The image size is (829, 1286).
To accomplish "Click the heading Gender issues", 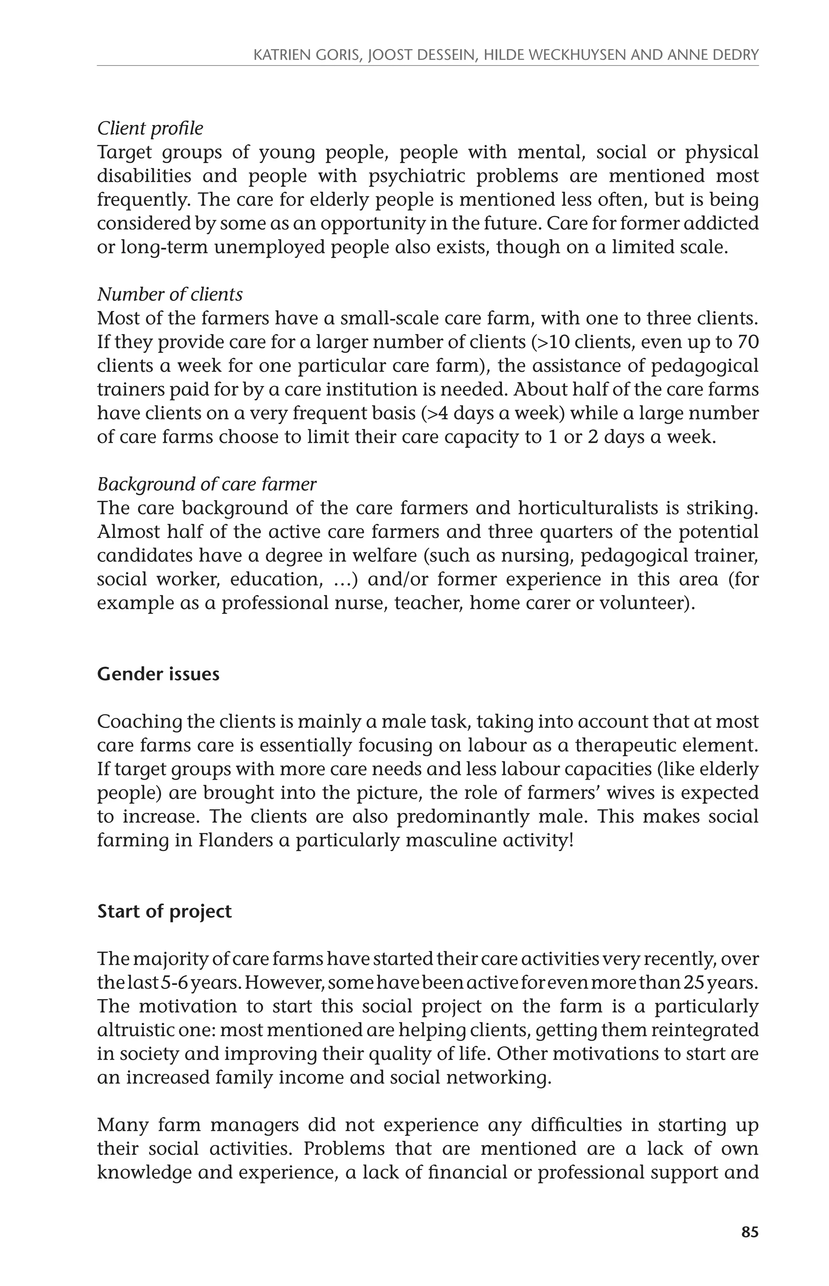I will [x=158, y=674].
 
